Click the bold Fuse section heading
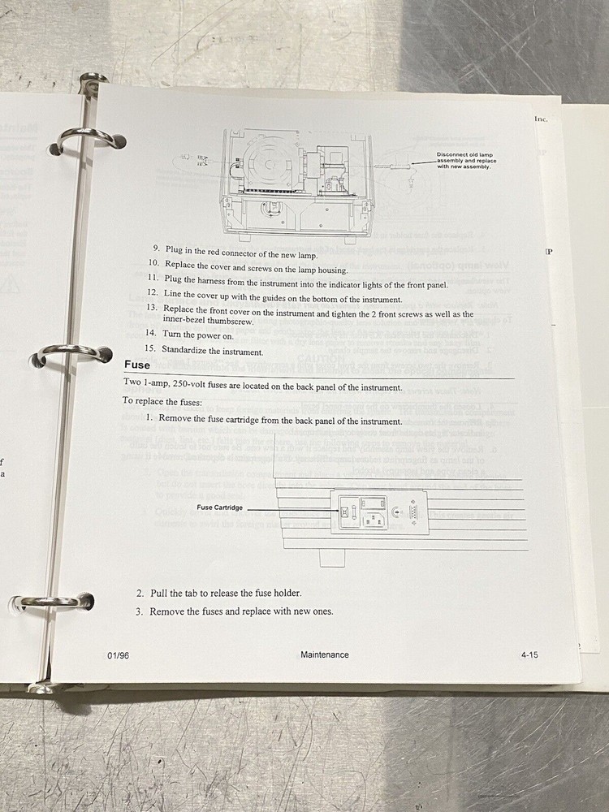pos(136,365)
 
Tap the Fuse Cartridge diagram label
pos(219,508)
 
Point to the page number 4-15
pos(529,654)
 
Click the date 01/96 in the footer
pos(118,655)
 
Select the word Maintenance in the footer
pos(324,654)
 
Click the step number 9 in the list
pos(156,248)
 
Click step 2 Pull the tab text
pos(223,593)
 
